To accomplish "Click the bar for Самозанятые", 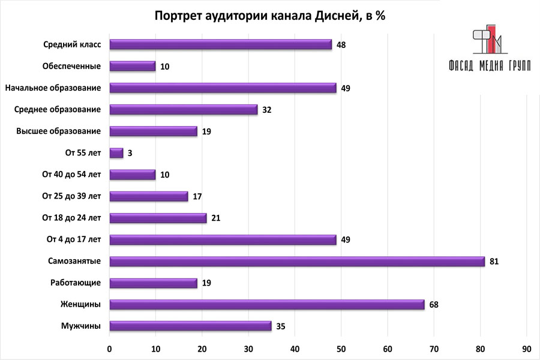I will click(297, 261).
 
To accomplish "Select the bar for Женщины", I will click(267, 304).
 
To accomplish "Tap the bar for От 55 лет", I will click(116, 152).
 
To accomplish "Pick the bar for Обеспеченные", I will click(133, 66).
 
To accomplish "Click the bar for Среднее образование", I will click(184, 109).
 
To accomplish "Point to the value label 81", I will click(494, 262).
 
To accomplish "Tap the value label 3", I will click(130, 153).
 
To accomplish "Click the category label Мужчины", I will click(80, 326).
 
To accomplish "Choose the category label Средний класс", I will click(72, 44).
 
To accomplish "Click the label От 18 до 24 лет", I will click(71, 217).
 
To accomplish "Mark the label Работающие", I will click(76, 283).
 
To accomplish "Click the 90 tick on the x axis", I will click(526, 348).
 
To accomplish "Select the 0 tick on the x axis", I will click(110, 348).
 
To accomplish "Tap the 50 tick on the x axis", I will click(341, 348).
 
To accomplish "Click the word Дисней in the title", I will click(335, 16).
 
